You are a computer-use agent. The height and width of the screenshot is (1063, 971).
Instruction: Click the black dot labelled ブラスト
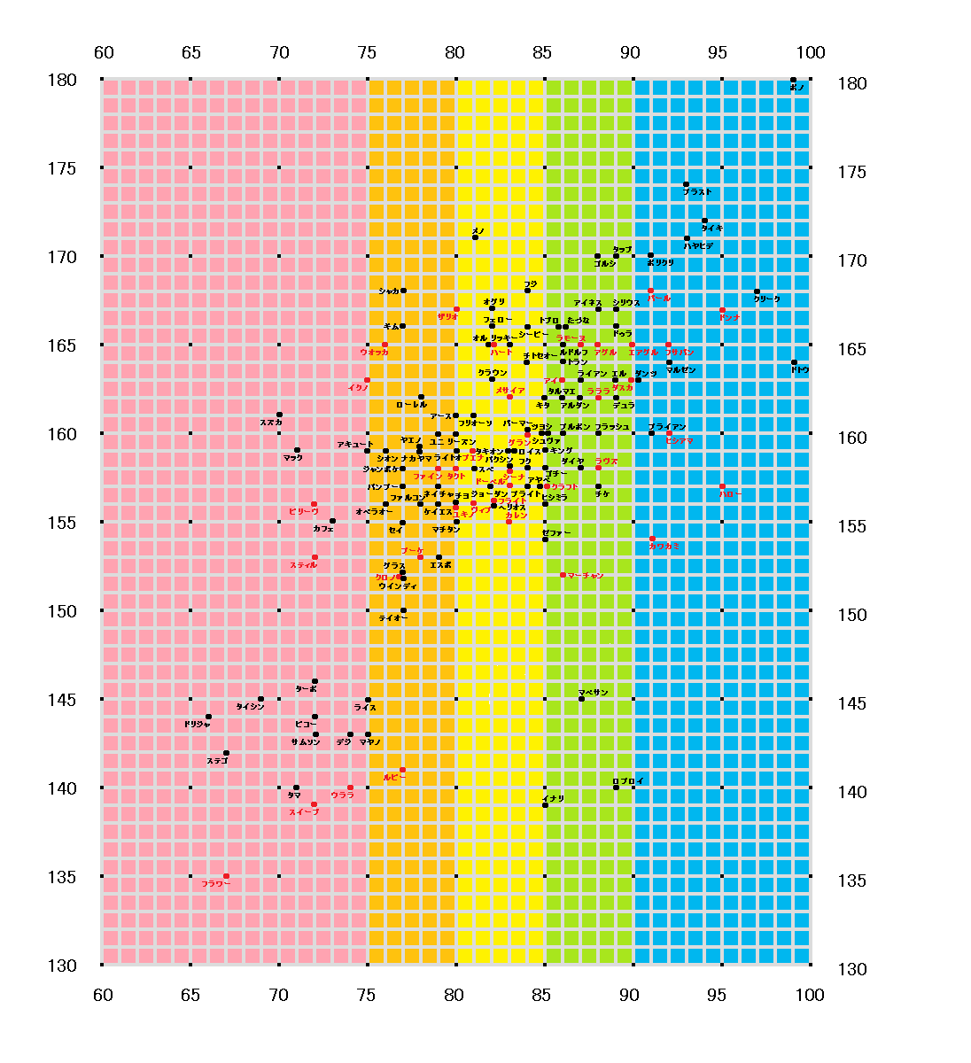coord(686,184)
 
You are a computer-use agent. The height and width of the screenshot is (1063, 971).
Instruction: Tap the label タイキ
coord(712,229)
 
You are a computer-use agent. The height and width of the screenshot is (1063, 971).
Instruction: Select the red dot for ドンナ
coord(722,309)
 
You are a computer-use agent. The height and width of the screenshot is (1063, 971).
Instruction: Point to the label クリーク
coord(767,299)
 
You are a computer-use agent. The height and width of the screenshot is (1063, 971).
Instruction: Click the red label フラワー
coord(215,884)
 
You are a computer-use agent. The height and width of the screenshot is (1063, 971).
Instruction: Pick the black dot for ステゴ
coord(226,752)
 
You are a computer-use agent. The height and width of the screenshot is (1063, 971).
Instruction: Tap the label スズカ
coord(271,423)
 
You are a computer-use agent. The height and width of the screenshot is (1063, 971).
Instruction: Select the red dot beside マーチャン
coord(563,575)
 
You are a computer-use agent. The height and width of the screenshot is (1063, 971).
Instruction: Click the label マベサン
coord(593,692)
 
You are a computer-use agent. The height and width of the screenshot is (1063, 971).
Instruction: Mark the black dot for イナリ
coord(545,805)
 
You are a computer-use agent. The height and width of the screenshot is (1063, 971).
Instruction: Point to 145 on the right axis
coord(852,703)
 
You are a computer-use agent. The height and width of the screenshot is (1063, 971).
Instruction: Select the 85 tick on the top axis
coord(542,52)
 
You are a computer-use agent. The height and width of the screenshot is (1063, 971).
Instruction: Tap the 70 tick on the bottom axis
coord(278,995)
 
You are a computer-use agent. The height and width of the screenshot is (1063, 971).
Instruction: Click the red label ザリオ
coord(447,316)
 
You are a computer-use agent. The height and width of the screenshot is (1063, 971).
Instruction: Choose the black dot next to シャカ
coord(403,291)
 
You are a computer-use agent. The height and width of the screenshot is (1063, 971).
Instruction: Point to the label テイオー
coord(392,617)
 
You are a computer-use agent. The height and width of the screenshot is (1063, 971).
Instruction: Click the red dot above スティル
coord(315,557)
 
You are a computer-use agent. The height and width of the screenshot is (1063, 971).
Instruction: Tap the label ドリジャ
coord(197,724)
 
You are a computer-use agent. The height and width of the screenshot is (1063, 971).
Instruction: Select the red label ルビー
coord(394,777)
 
